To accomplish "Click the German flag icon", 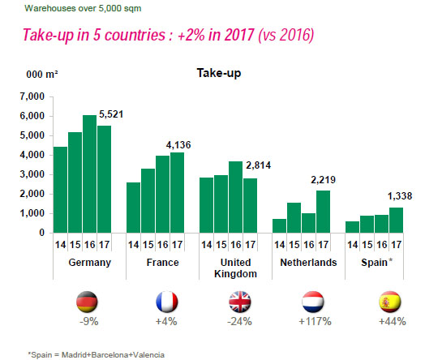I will pos(86,303).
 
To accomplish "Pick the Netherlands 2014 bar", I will pos(278,225).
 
